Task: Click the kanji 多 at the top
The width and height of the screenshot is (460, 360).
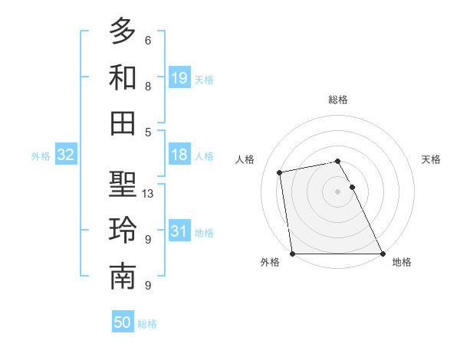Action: coord(123,32)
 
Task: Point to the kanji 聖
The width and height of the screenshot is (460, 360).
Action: coord(123,185)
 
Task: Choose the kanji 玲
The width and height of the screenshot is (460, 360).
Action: coord(123,231)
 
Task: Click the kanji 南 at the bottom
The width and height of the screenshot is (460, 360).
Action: coord(123,277)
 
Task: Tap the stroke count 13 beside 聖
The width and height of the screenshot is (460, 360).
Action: coord(149,194)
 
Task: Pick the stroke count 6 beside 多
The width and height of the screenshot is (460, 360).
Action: coord(147,40)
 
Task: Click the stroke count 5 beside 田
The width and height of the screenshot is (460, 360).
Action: coord(147,132)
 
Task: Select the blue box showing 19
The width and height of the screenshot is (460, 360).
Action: coord(179,78)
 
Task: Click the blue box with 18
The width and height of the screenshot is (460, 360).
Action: coord(179,155)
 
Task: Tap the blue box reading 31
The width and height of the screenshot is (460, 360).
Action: coord(179,232)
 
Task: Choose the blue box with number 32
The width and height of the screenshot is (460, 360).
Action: coord(66,155)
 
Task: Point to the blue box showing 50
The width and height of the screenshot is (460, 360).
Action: coord(123,322)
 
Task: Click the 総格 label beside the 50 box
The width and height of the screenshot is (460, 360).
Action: coord(147,324)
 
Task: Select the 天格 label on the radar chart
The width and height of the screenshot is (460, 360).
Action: coord(431,159)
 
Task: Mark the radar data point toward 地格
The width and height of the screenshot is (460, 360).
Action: coord(382,254)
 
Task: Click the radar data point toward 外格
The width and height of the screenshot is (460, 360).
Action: coord(292,254)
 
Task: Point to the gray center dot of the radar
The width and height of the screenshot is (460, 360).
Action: coord(337,191)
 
